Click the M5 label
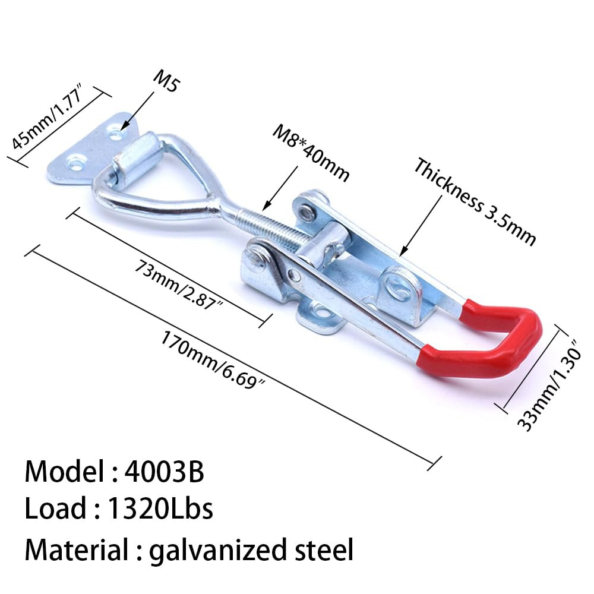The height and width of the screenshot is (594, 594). [166, 81]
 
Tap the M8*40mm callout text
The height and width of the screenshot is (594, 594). [311, 153]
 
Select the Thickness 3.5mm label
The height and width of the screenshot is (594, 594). [474, 202]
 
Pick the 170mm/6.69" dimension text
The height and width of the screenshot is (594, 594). [213, 359]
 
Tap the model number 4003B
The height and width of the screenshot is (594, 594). [165, 472]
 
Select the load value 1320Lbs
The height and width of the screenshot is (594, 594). [160, 508]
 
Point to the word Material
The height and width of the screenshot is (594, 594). [77, 549]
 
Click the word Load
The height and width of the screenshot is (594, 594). [55, 508]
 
